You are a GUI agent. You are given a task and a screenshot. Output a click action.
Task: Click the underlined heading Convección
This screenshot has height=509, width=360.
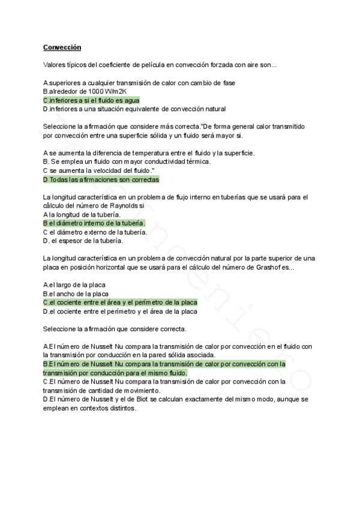click(62, 47)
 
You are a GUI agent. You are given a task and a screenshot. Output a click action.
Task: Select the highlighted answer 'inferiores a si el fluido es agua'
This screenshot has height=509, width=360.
click(91, 100)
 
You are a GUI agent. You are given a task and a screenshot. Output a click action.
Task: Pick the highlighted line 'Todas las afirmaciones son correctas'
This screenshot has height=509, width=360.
click(101, 179)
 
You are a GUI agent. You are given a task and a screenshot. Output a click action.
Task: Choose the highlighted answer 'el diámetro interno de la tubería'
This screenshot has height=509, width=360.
click(94, 223)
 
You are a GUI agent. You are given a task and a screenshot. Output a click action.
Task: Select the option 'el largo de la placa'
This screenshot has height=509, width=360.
click(72, 285)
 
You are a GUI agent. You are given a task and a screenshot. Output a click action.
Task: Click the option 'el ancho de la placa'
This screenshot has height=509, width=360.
click(76, 294)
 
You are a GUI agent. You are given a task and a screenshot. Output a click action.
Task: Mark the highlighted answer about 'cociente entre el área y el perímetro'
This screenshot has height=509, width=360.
click(120, 303)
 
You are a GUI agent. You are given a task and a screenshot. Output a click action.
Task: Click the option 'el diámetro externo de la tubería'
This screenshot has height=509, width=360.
click(95, 232)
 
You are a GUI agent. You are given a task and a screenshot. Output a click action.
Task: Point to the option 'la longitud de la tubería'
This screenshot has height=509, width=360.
click(82, 214)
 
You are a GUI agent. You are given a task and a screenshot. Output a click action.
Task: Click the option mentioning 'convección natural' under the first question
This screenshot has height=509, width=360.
click(134, 109)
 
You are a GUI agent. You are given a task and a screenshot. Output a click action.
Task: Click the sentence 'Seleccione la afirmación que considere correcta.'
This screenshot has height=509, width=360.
click(115, 329)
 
